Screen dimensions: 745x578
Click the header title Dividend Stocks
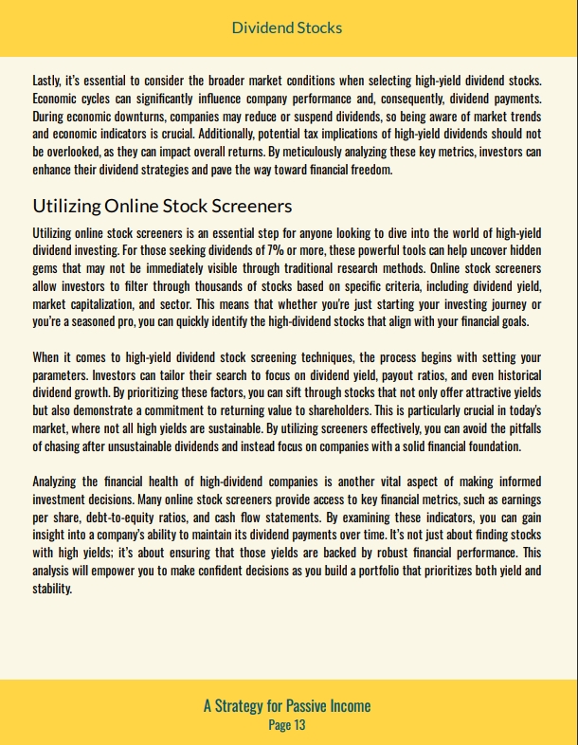coord(287,27)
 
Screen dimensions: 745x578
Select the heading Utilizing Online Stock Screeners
coord(162,206)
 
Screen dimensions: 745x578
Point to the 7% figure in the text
coord(277,250)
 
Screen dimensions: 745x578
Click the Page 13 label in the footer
coord(287,725)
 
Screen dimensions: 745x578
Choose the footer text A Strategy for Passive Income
coord(287,705)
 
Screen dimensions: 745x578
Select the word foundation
coord(488,446)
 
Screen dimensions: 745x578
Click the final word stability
coord(51,589)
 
